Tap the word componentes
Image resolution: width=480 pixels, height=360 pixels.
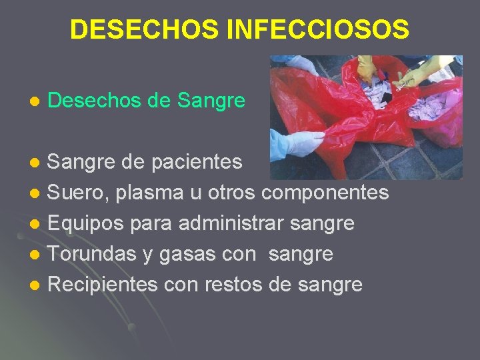click(325, 193)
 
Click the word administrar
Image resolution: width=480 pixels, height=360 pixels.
click(233, 223)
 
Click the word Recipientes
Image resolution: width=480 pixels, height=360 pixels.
click(103, 285)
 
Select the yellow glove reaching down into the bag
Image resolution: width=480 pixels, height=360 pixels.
click(367, 68)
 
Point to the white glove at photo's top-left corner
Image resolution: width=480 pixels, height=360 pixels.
click(300, 63)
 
